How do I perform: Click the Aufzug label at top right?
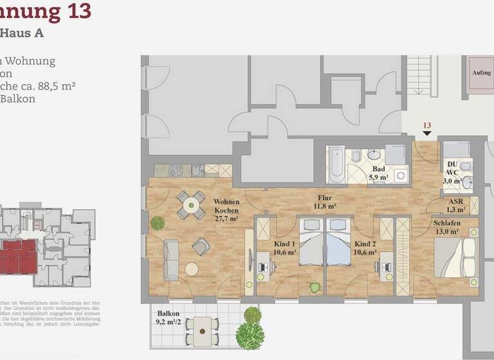[x=481, y=73]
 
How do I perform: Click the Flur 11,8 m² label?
[x=324, y=203]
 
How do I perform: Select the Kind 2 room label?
[x=365, y=248]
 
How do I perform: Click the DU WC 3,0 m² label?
[x=453, y=172]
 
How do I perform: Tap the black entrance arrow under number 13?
[x=426, y=134]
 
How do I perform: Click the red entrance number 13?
[x=426, y=125]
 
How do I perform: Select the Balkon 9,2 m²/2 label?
[x=168, y=319]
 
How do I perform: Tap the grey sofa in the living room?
[x=171, y=259]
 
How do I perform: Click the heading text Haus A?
[x=22, y=33]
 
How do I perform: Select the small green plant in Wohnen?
[x=157, y=223]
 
